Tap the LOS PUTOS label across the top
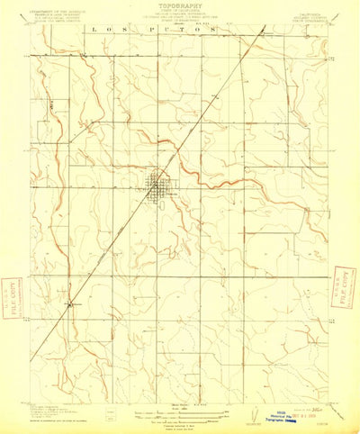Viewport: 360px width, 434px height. pos(153,30)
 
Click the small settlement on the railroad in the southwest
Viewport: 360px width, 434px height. pos(70,303)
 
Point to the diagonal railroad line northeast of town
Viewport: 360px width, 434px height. pos(216,99)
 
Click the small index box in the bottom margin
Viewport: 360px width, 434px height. pos(110,416)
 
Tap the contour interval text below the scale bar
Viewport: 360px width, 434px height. pos(179,422)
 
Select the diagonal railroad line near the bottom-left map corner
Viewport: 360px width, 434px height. pos(45,343)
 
